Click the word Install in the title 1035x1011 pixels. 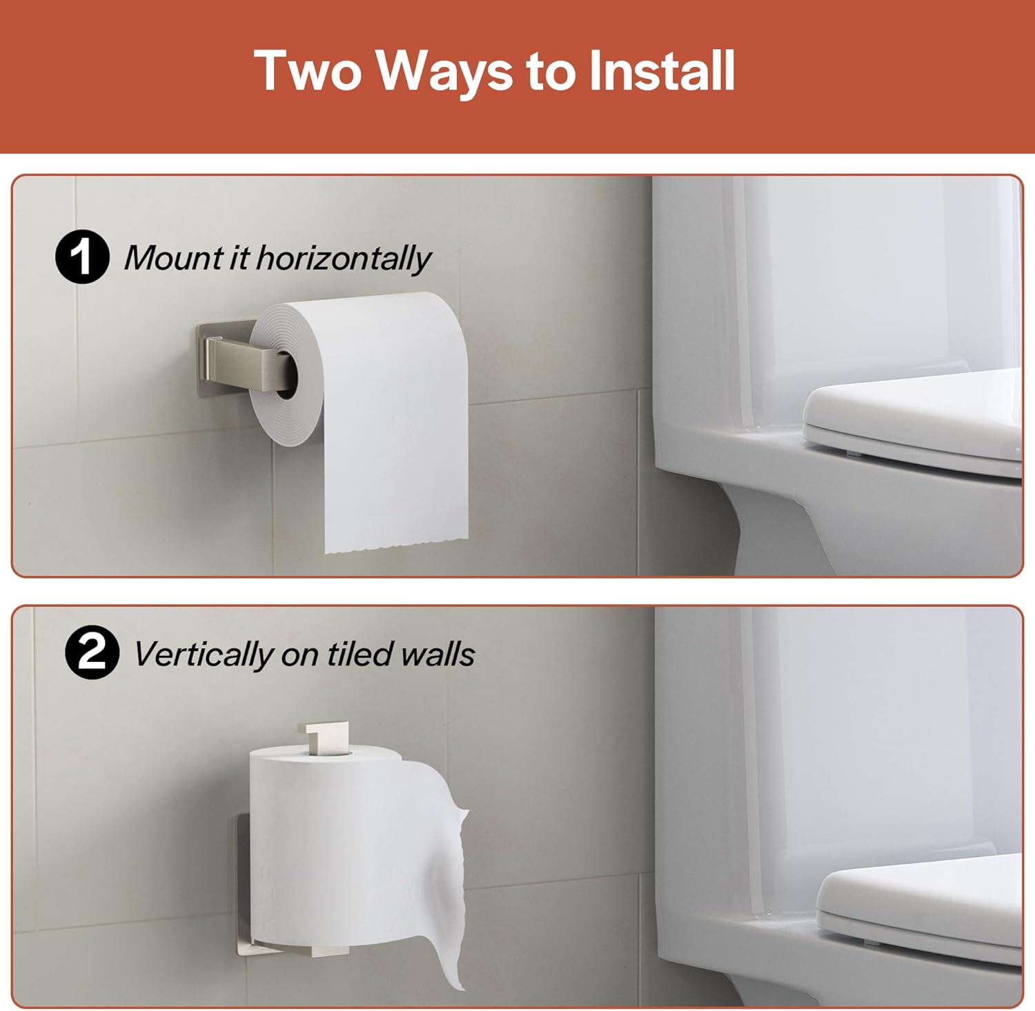click(662, 71)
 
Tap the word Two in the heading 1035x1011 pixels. click(308, 71)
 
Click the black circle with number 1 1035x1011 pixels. click(82, 257)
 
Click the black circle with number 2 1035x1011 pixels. click(92, 652)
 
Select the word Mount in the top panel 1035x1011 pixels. click(173, 258)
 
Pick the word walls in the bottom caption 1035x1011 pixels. click(437, 653)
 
